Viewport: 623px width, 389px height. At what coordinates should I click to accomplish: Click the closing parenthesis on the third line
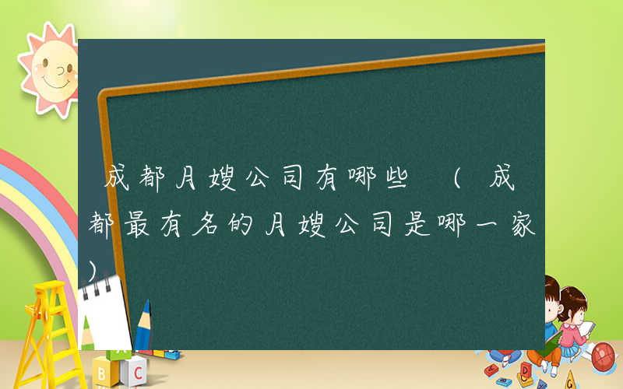pyautogui.click(x=94, y=269)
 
